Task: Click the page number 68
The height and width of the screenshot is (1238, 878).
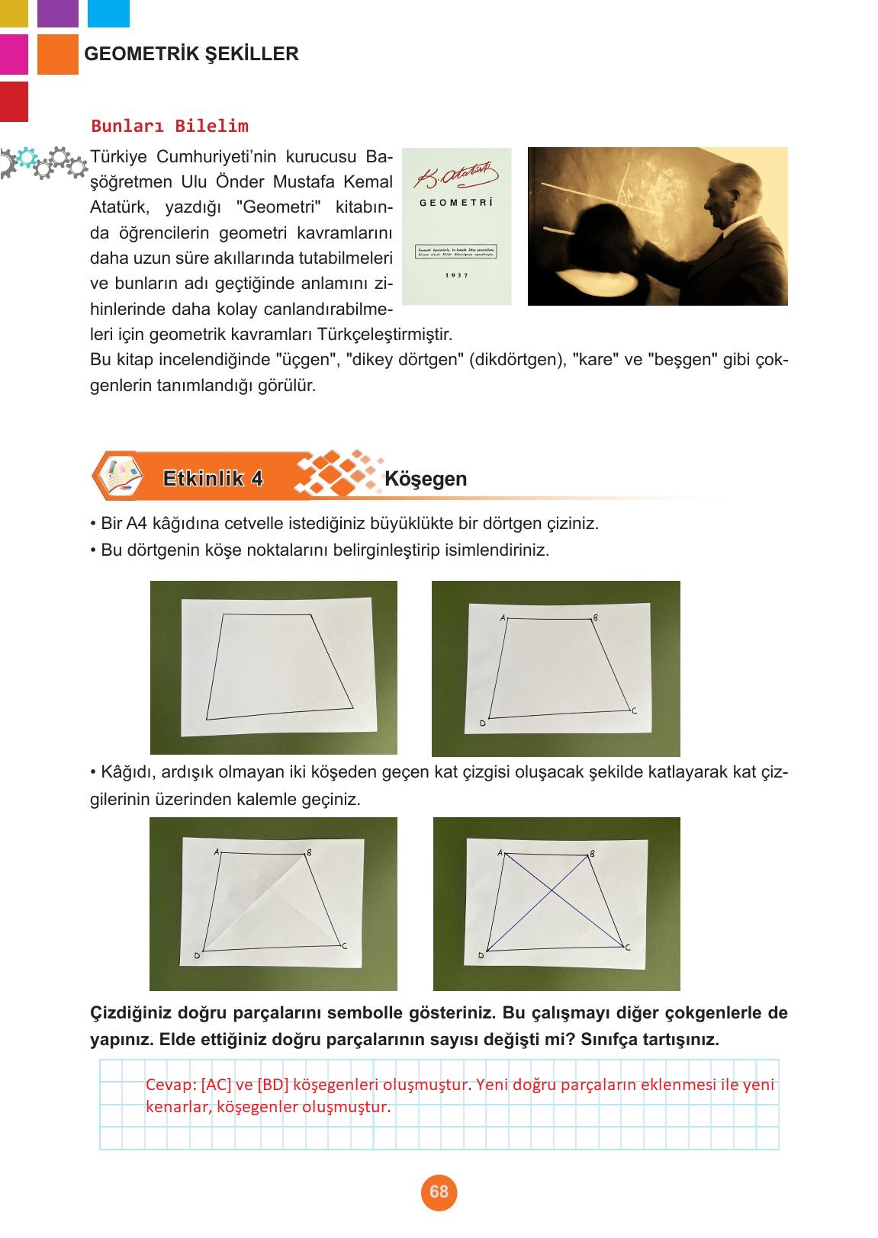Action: [439, 1191]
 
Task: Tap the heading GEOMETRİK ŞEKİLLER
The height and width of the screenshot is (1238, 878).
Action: [191, 54]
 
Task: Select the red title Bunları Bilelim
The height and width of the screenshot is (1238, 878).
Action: [169, 126]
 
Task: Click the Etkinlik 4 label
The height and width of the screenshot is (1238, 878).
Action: [213, 479]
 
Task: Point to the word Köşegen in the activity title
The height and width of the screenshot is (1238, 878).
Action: [426, 479]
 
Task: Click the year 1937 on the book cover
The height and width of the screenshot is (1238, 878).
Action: [456, 275]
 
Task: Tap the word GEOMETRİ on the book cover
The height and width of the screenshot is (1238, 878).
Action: [456, 203]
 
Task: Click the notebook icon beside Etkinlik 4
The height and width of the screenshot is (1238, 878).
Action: [117, 476]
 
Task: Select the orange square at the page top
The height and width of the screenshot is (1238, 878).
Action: [58, 54]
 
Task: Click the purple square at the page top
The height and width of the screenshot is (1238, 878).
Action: [58, 11]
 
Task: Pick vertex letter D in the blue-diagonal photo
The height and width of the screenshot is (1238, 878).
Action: [481, 955]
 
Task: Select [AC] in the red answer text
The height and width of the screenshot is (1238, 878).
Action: [217, 1085]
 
